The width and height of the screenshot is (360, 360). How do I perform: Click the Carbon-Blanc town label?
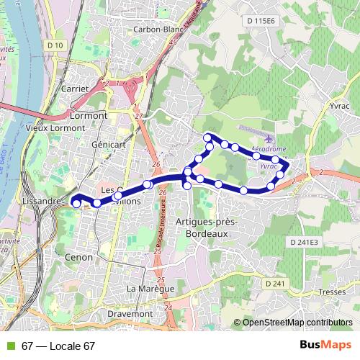pos(157,30)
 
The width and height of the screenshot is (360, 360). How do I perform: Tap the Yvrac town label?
pos(341,105)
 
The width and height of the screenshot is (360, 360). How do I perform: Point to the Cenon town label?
pos(78,256)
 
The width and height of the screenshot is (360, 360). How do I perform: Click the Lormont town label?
pos(89,115)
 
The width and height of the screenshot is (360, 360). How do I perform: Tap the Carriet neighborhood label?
pos(75,89)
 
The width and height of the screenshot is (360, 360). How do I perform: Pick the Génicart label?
pos(109,145)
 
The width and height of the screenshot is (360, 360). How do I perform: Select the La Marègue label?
pos(150,289)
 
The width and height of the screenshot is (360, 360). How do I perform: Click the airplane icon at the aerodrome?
pos(269,138)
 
